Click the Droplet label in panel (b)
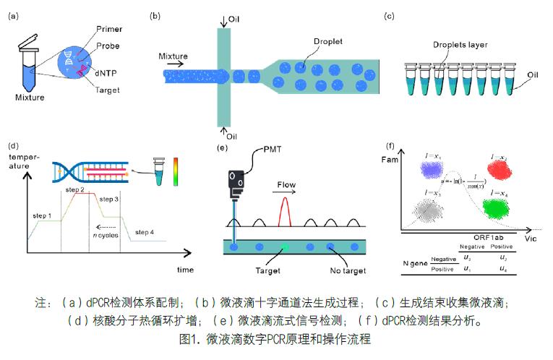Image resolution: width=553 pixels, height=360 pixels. [x=328, y=42]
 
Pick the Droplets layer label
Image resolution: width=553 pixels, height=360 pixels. [x=460, y=45]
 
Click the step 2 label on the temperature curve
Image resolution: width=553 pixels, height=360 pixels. [x=75, y=189]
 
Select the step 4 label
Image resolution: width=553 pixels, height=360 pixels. [x=144, y=231]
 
